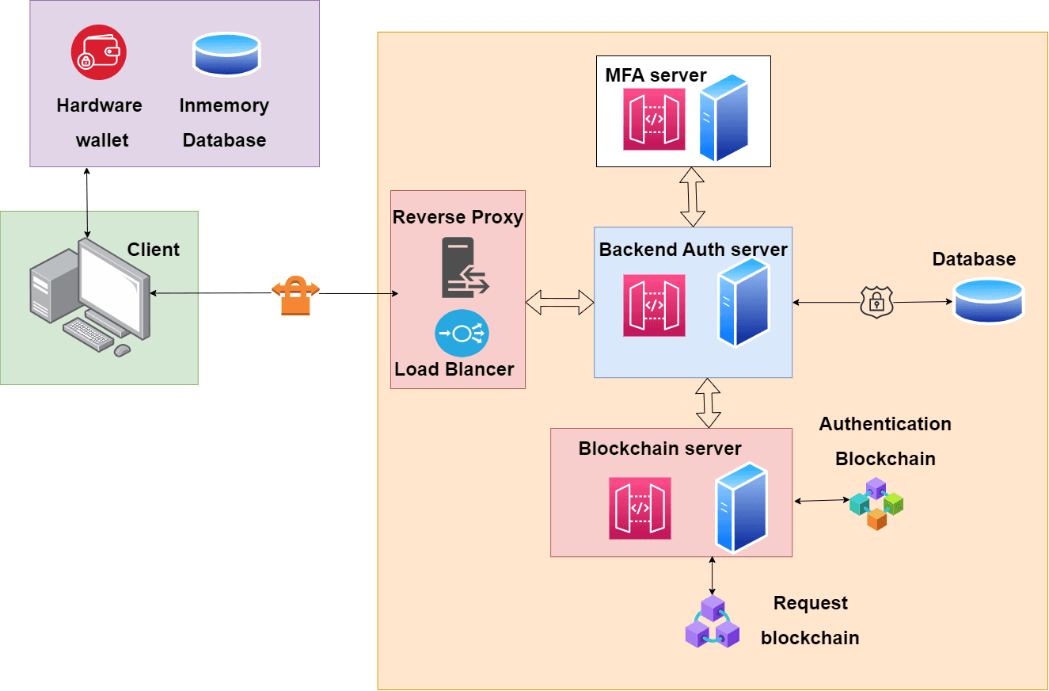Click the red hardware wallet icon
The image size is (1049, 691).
[99, 53]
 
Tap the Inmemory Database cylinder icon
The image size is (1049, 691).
[226, 54]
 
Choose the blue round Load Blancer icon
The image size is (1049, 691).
[462, 333]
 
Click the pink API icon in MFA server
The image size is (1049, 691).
[654, 119]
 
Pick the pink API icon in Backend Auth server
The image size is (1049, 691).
[654, 305]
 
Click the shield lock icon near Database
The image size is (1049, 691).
[876, 303]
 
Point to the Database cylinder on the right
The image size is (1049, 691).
[988, 300]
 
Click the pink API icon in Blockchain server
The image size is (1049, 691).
[640, 508]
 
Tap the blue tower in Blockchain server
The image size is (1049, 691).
[742, 506]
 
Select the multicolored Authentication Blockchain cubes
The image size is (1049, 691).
[876, 503]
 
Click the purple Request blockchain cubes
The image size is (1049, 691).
[713, 622]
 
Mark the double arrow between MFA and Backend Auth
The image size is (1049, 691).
[693, 197]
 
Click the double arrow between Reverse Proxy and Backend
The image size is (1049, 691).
[560, 301]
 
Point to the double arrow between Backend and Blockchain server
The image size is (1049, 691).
[708, 403]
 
